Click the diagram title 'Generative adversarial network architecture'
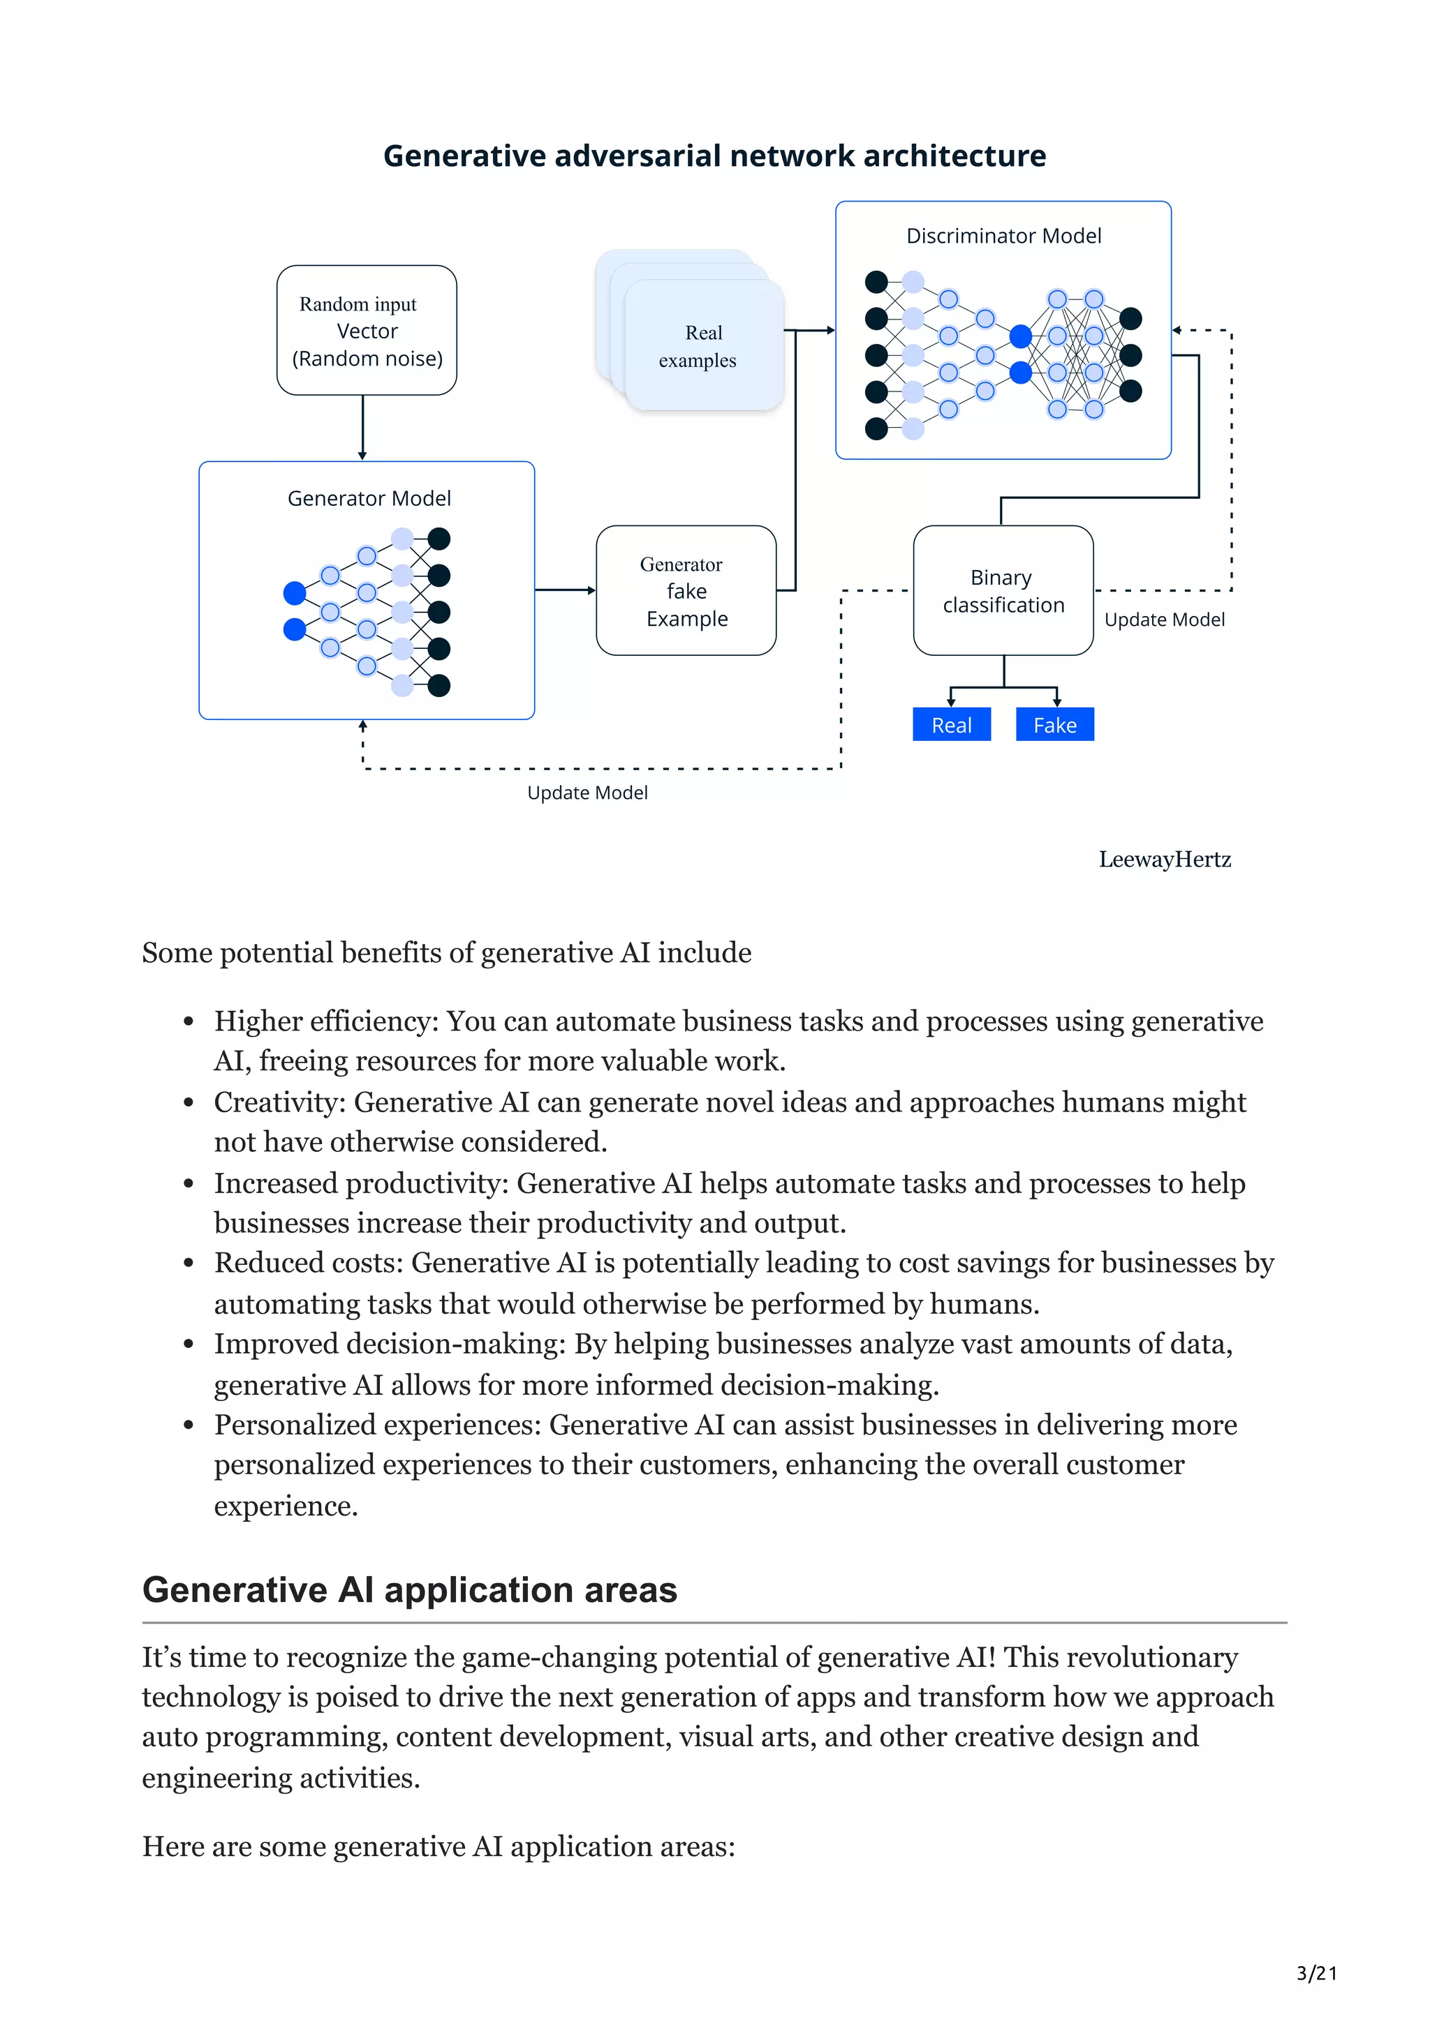point(714,156)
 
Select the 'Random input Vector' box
point(367,330)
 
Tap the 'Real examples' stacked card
point(702,346)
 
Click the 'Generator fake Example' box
point(686,591)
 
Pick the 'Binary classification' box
point(1003,591)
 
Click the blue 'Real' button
point(951,725)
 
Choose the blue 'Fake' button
point(1054,725)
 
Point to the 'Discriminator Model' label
point(1003,236)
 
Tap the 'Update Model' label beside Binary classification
point(1163,620)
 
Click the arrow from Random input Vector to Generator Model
point(362,428)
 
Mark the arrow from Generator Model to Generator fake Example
point(565,590)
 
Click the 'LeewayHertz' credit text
point(1164,860)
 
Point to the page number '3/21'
point(1316,1974)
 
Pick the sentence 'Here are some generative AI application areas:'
point(438,1847)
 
